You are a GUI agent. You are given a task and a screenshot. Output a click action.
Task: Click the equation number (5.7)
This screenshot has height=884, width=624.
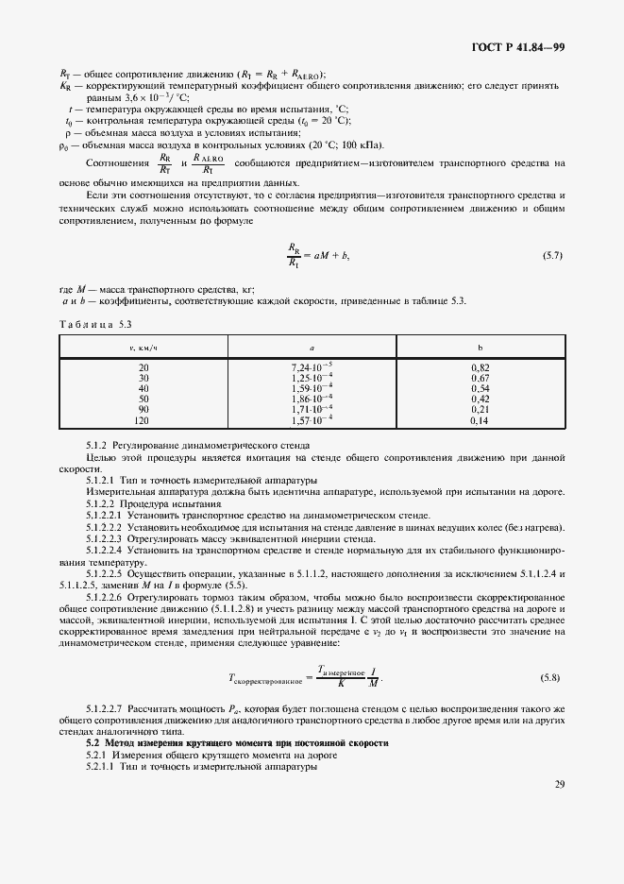[552, 256]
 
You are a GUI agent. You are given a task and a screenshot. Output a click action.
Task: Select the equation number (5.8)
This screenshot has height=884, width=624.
[548, 677]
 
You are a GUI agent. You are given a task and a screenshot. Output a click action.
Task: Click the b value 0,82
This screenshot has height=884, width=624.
[480, 365]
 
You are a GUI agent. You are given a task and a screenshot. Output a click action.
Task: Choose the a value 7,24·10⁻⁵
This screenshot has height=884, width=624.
[312, 365]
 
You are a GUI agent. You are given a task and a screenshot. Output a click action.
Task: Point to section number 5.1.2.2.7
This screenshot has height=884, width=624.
[110, 707]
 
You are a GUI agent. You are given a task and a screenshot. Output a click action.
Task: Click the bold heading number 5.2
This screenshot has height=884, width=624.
[93, 743]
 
